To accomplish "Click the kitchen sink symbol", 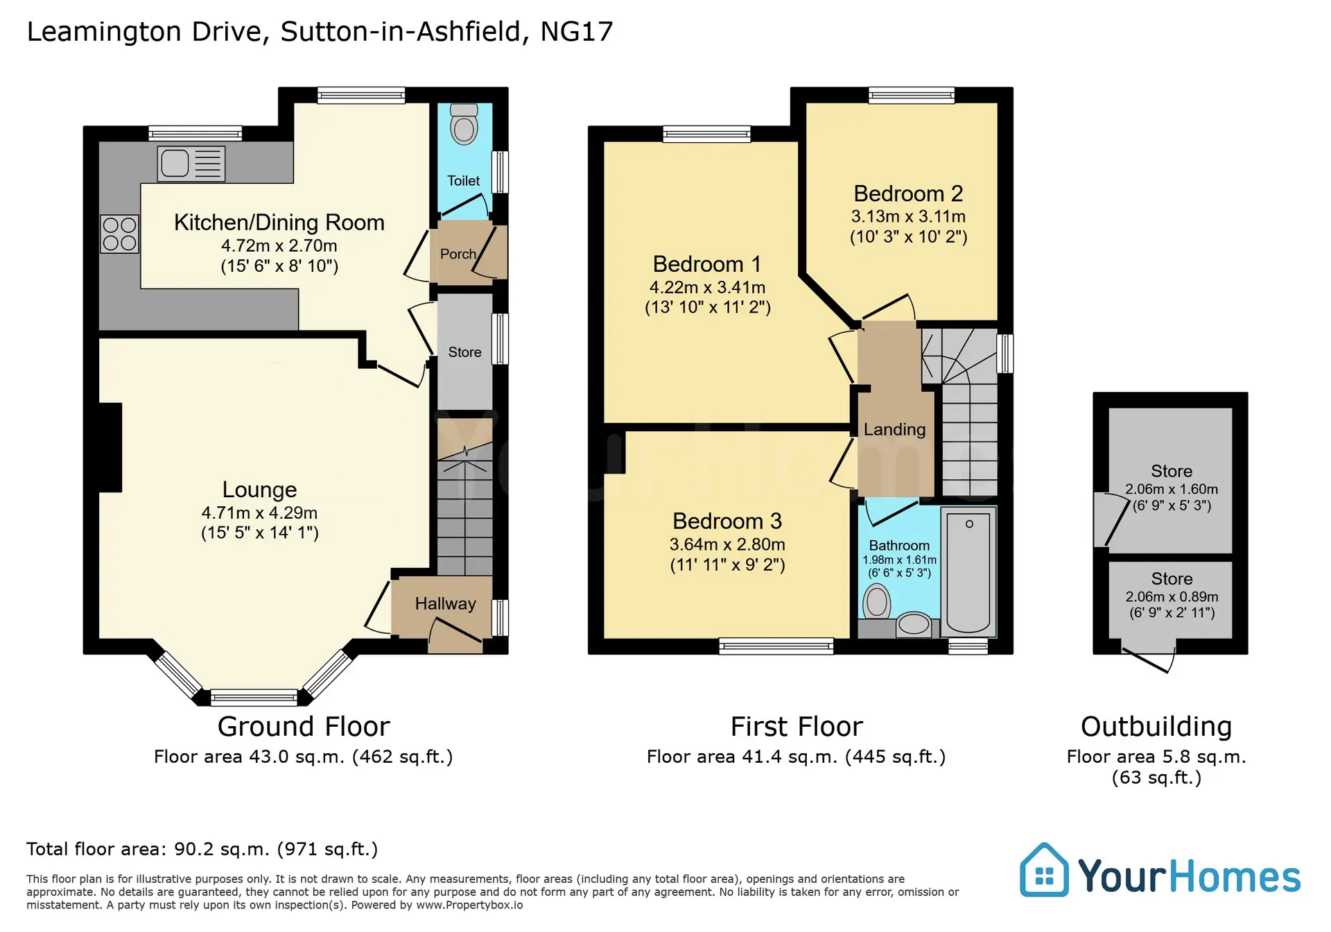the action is point(191,164).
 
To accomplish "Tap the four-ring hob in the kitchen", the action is point(119,234).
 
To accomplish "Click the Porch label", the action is point(458,254).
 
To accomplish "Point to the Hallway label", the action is point(445,603).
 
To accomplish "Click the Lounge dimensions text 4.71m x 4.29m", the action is point(259,512).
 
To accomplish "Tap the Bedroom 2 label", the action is point(908,193).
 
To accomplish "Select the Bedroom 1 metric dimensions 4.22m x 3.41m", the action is point(707,287).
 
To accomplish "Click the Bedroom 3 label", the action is point(727,521).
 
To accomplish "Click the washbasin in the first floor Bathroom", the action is point(914,624).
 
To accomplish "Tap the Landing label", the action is point(894,429).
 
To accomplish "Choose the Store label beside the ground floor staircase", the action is point(464,352).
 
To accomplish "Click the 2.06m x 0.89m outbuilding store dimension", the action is point(1172,596).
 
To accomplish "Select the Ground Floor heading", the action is point(304,726).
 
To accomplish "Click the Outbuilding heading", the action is point(1156,727).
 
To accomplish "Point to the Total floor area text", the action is point(202,849).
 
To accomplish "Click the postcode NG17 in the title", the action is point(577,32).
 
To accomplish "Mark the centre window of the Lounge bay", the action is point(254,697).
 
